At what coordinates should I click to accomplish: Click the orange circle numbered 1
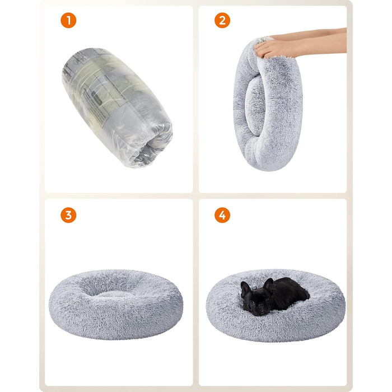[68, 20]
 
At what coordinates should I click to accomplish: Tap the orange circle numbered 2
[222, 20]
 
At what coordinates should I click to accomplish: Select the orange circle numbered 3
[68, 215]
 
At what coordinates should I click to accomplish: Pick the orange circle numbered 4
[222, 215]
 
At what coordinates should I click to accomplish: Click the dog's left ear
[268, 286]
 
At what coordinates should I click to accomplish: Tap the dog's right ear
[245, 290]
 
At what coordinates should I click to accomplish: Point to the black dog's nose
[262, 305]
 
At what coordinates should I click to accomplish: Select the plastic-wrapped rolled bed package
[117, 107]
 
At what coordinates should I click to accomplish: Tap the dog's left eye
[268, 299]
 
